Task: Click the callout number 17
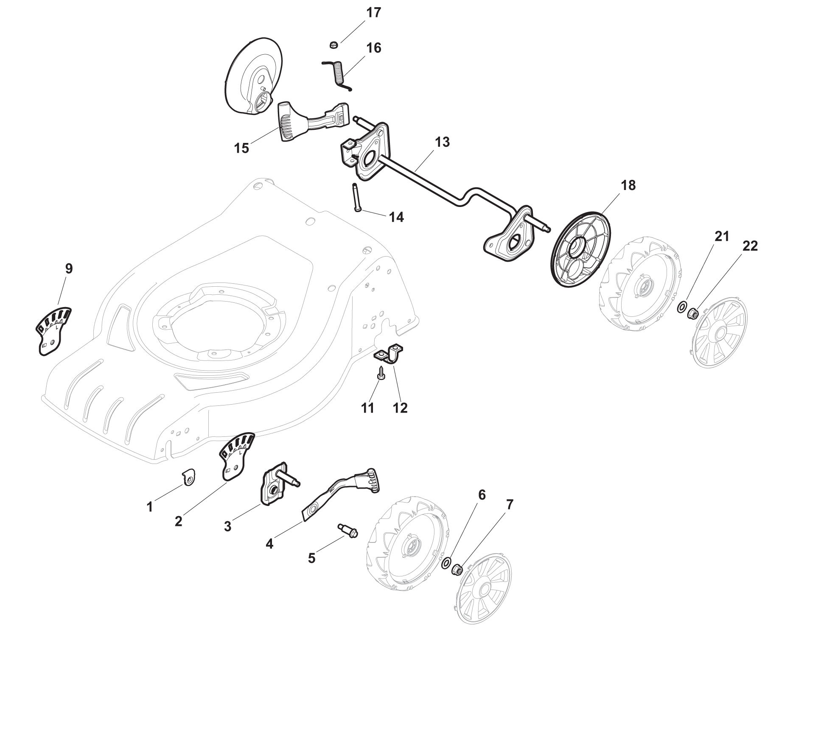(373, 13)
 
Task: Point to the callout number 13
(442, 142)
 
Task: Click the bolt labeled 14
(356, 197)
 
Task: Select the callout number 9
(69, 268)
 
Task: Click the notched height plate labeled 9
(52, 331)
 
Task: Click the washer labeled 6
(447, 563)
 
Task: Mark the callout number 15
(241, 149)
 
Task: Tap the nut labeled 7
(457, 569)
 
